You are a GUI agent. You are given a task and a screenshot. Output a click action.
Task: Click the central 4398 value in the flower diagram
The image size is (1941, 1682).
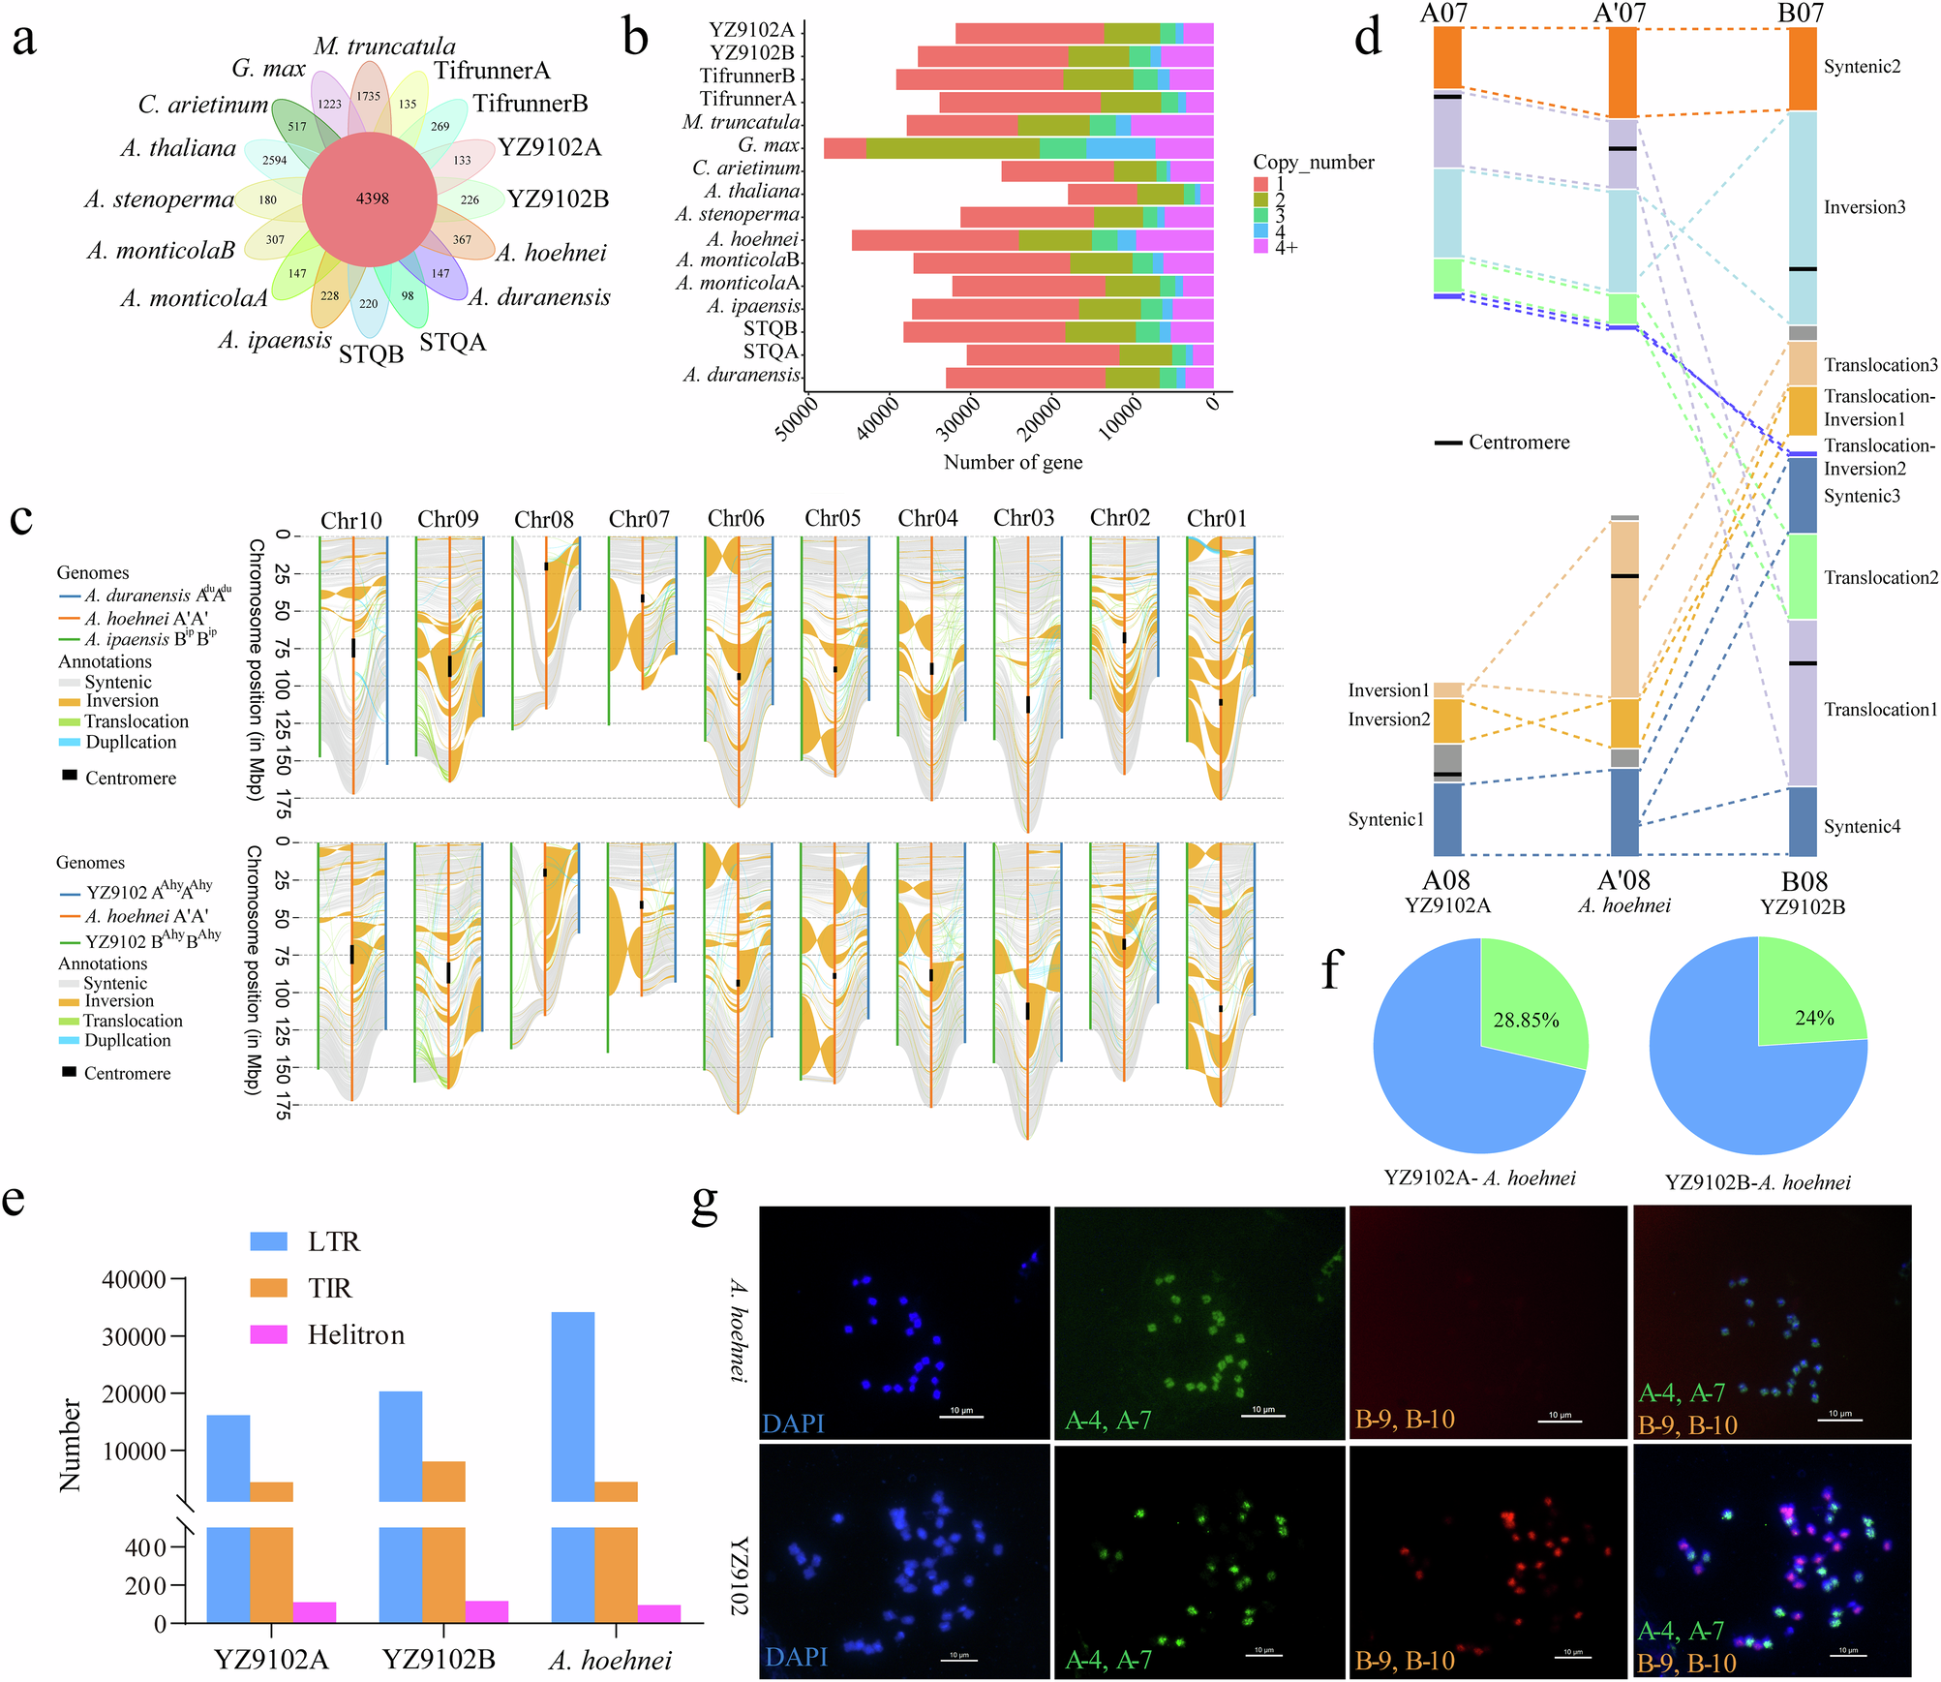(x=372, y=199)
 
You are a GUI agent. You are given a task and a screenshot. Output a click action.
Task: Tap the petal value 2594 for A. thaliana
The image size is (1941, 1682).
(x=274, y=160)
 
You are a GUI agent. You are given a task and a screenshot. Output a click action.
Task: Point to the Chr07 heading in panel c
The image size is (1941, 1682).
(x=639, y=520)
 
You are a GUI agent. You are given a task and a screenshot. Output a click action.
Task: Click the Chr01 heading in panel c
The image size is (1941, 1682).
(x=1217, y=519)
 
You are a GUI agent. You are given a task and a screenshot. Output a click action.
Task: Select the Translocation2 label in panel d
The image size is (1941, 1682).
(x=1880, y=578)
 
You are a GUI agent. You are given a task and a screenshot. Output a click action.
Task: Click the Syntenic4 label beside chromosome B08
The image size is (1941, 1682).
(x=1862, y=826)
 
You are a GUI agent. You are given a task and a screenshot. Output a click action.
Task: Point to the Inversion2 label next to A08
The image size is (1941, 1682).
(x=1388, y=719)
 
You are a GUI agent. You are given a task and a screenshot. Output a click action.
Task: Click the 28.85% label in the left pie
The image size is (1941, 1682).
(x=1526, y=1020)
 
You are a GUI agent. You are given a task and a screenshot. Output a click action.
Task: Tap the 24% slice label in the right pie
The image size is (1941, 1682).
(x=1813, y=1017)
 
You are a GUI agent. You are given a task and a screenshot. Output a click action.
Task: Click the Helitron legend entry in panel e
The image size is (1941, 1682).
(x=355, y=1335)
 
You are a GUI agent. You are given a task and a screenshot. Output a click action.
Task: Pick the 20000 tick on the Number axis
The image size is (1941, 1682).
(x=134, y=1393)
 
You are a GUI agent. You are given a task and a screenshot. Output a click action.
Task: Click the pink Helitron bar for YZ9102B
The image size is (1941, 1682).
(x=487, y=1611)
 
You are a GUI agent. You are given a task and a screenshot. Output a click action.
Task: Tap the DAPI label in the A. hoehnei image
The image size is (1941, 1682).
(x=793, y=1422)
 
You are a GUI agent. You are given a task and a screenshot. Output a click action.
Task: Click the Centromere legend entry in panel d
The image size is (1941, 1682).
(x=1518, y=443)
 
